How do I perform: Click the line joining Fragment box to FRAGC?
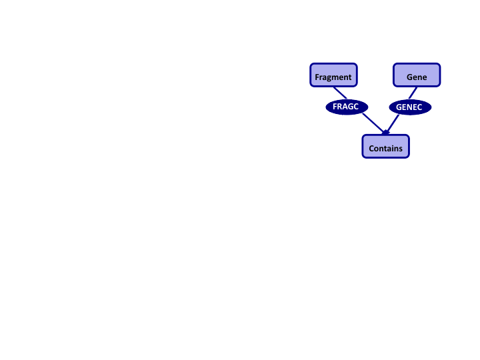[337, 93]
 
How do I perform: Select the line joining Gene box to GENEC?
[413, 93]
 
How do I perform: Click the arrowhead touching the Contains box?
[386, 133]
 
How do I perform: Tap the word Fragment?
[333, 77]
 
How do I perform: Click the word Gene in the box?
[417, 77]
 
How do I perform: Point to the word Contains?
[386, 149]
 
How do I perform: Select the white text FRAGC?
[346, 106]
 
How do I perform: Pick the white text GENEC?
[410, 107]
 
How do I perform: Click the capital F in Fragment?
[317, 77]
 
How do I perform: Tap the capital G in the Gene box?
[409, 77]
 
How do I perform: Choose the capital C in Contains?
[371, 149]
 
